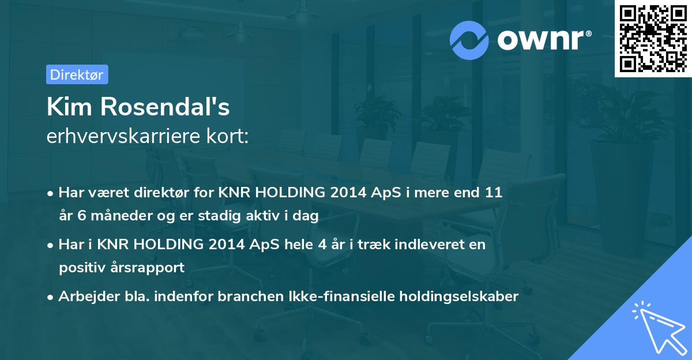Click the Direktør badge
coord(77,74)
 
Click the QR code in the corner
coord(653,39)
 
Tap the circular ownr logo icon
coord(469,40)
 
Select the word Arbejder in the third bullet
coord(84,297)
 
